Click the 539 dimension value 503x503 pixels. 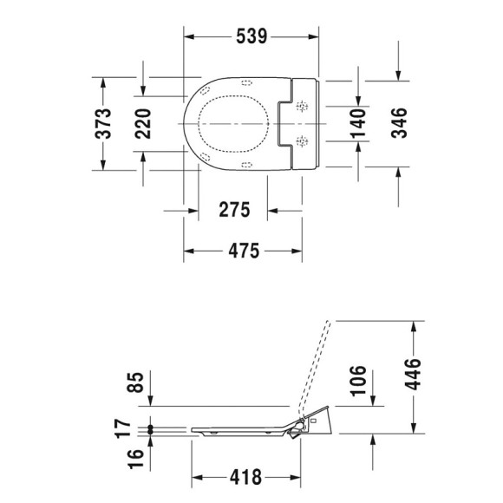click(x=250, y=36)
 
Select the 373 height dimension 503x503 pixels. click(x=103, y=123)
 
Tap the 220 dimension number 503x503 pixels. click(x=143, y=123)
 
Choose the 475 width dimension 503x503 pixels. click(x=243, y=251)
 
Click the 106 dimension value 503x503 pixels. click(x=358, y=379)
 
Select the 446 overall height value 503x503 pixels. click(x=413, y=376)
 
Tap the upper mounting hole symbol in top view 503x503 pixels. click(x=302, y=108)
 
